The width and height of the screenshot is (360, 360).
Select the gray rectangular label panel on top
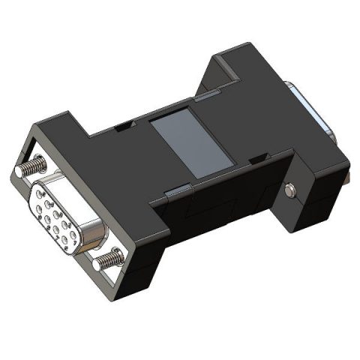187,143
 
